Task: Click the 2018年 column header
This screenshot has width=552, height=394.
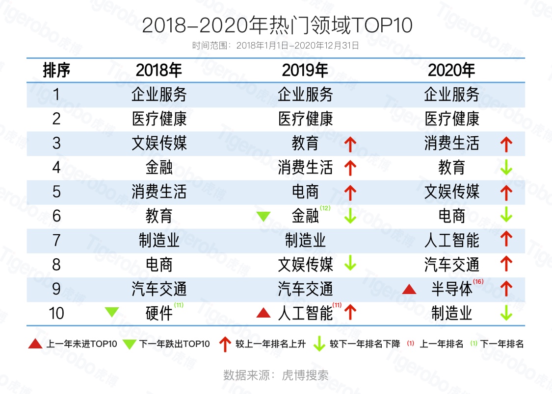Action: [x=158, y=71]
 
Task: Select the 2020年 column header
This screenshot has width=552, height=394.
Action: [x=451, y=71]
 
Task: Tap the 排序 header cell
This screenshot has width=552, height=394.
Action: [x=56, y=71]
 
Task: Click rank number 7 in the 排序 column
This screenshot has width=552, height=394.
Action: [x=56, y=240]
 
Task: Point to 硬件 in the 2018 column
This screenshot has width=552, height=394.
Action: [x=158, y=313]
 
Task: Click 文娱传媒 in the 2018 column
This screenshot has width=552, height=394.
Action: [x=158, y=143]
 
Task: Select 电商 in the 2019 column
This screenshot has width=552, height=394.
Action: [x=305, y=192]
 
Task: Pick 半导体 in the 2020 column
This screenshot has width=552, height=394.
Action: [x=451, y=289]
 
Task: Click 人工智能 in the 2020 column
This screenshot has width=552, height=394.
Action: [x=451, y=240]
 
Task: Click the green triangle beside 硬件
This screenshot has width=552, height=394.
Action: [x=112, y=312]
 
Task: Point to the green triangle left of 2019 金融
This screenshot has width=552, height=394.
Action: [x=263, y=216]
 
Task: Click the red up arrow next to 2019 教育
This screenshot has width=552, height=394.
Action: [x=350, y=144]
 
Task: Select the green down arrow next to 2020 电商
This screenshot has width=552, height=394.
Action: [x=506, y=216]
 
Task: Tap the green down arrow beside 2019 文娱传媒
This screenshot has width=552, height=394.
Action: [x=350, y=265]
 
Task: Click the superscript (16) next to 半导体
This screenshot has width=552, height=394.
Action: [x=478, y=281]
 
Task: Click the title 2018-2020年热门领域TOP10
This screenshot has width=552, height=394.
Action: [x=277, y=25]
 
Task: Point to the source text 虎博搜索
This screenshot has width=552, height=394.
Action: [x=305, y=375]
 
